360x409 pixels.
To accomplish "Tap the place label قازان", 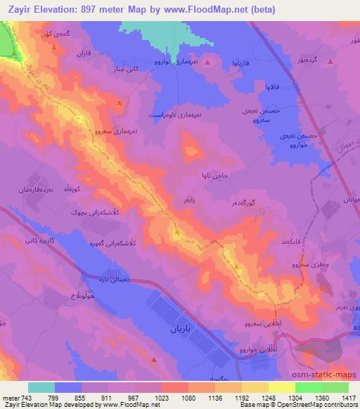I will (84, 53).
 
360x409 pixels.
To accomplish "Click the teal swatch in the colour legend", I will (41, 387).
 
